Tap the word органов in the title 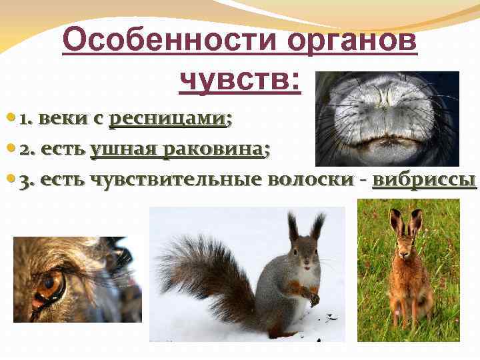tap(352, 42)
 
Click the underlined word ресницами tap(167, 119)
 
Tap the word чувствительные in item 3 tap(175, 181)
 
